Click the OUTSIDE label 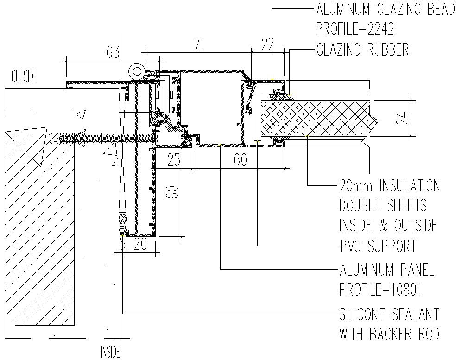point(24,77)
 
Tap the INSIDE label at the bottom point(110,351)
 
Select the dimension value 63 point(113,52)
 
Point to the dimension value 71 point(199,44)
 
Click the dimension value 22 point(268,44)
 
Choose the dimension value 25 point(174,160)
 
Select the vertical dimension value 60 point(173,192)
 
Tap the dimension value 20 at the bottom point(140,244)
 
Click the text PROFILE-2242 point(355,29)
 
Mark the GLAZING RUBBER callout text point(363,50)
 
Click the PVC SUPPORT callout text point(378,246)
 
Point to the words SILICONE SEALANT point(389,314)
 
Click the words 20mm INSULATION point(390,186)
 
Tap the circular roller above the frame point(136,71)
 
